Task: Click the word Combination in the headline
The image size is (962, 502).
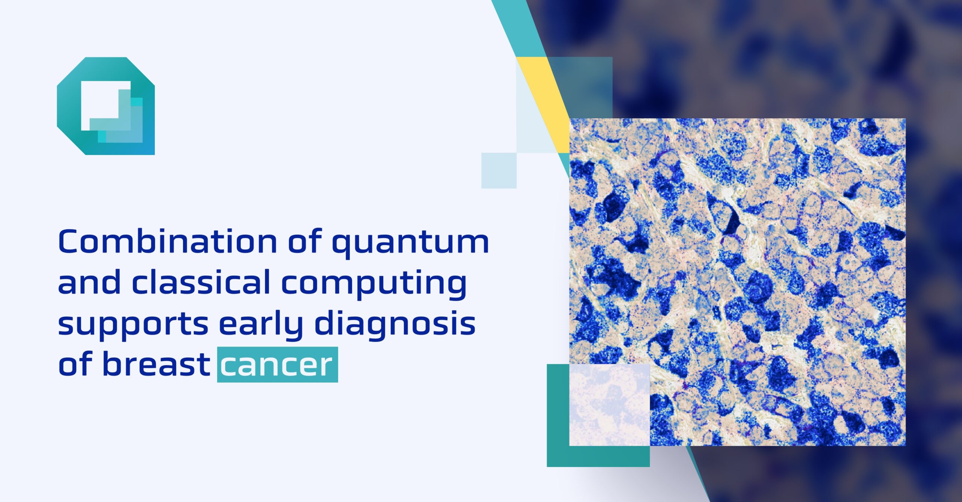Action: (167, 242)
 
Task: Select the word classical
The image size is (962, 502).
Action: (201, 282)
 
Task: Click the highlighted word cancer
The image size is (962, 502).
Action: (277, 365)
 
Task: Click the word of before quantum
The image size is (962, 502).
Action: (305, 242)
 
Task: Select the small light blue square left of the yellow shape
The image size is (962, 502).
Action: (499, 170)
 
